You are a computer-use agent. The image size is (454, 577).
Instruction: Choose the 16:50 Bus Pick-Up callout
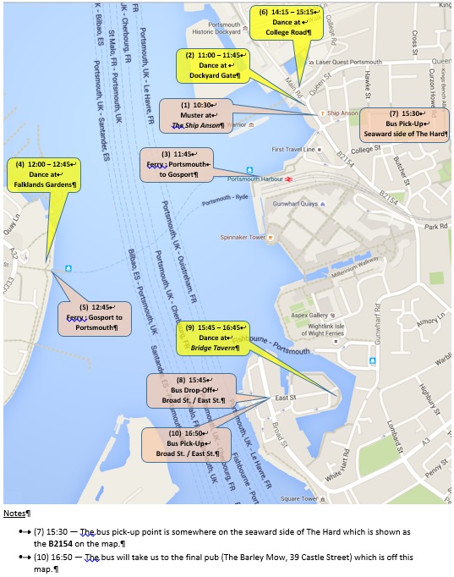pos(185,443)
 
